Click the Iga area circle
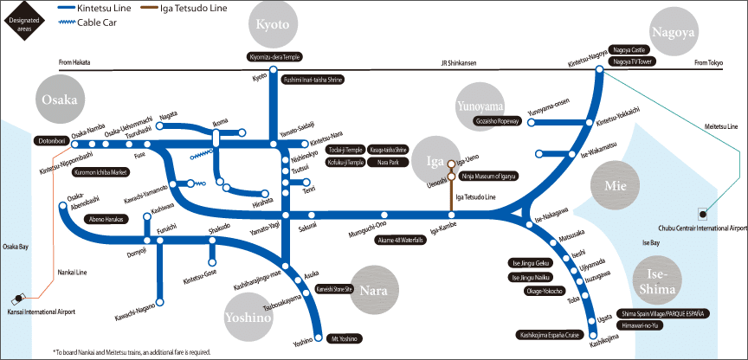[x=435, y=161]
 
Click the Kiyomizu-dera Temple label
[x=274, y=57]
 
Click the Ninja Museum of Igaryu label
[x=489, y=177]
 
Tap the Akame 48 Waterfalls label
[x=401, y=240]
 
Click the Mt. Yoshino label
[x=345, y=338]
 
